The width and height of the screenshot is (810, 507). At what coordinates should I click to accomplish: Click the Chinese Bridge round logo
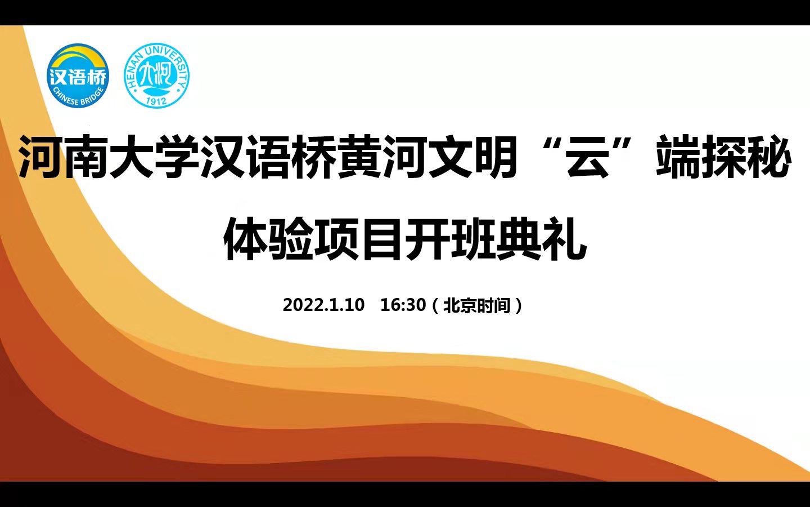coord(78,75)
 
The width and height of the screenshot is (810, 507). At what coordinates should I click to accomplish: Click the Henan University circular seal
coord(156,75)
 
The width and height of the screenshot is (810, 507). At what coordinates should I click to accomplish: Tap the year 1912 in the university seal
coord(156,101)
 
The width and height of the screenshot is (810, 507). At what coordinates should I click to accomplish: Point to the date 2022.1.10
coord(323,305)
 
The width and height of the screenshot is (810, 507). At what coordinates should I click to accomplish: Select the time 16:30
coord(403,305)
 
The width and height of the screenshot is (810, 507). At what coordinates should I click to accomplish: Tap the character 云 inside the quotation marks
coord(588,156)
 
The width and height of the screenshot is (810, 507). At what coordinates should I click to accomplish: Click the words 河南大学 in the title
coord(108,157)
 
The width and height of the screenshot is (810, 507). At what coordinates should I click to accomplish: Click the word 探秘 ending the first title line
coord(746,157)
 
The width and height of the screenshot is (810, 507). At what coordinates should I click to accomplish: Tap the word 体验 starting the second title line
coord(268,238)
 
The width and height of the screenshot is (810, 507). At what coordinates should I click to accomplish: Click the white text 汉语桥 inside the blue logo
coord(78,77)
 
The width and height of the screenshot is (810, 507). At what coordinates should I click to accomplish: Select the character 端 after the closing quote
coord(678,157)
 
